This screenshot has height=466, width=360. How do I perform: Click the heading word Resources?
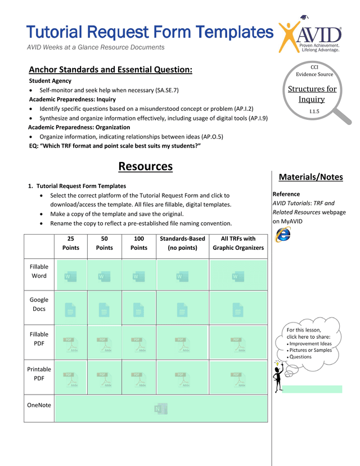(x=145, y=167)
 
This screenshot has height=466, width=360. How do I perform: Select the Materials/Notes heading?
(x=310, y=177)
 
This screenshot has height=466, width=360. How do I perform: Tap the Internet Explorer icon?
(x=283, y=235)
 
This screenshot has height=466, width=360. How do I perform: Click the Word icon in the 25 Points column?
(x=71, y=276)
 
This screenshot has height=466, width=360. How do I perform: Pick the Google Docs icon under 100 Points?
(x=138, y=309)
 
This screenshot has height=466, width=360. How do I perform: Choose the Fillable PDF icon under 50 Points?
(x=104, y=344)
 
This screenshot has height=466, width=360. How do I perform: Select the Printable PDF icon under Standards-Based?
(x=182, y=380)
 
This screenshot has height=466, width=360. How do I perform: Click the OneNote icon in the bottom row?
(x=160, y=409)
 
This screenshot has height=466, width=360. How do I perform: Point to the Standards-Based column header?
(x=182, y=243)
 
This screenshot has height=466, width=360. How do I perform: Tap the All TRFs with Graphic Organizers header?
(x=238, y=243)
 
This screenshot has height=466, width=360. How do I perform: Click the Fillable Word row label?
(x=39, y=271)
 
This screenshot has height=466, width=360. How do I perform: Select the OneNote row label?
(x=39, y=405)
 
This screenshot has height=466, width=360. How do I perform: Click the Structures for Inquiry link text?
(x=312, y=94)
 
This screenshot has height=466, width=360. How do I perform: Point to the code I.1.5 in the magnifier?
(x=314, y=112)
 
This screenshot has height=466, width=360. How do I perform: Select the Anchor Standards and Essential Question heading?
(x=110, y=70)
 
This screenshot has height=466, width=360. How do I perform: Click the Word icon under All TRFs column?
(x=238, y=276)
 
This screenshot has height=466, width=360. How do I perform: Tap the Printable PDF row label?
(x=39, y=374)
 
